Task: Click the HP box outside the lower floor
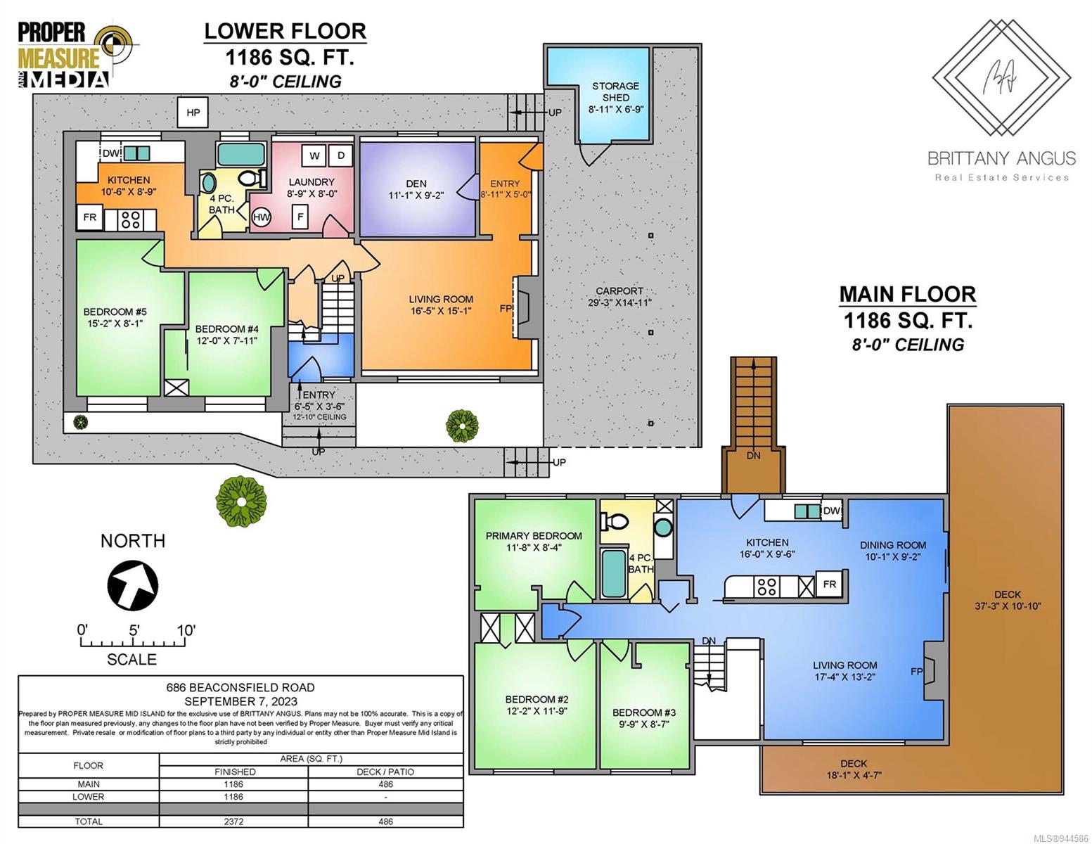tap(193, 112)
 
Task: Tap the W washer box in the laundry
tap(314, 155)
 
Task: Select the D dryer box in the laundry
tap(341, 155)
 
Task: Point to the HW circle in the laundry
tap(261, 217)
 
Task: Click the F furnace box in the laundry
tap(300, 217)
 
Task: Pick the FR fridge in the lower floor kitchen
tap(89, 217)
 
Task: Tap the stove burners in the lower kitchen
tap(131, 219)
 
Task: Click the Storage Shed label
tap(615, 91)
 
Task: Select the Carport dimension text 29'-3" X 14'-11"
tap(619, 302)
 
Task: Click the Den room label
tap(416, 184)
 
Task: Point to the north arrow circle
tap(133, 585)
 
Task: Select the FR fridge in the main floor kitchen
tap(829, 584)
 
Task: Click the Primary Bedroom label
tap(534, 536)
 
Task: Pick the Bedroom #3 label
tap(644, 712)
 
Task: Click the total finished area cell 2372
tap(233, 821)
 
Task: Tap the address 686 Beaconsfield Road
tap(240, 687)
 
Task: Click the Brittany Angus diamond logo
tap(1001, 77)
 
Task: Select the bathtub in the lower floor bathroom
tap(240, 154)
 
